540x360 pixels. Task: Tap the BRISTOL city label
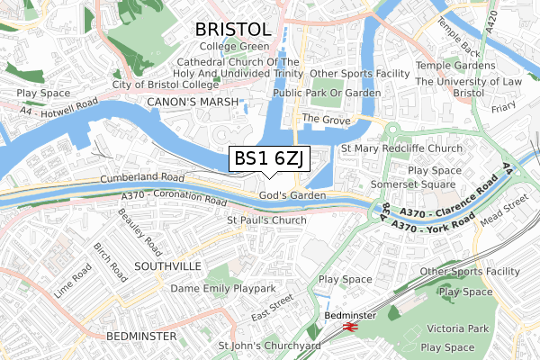click(x=234, y=29)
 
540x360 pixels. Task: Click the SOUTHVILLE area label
click(x=165, y=266)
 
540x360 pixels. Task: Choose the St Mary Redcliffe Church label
click(x=401, y=148)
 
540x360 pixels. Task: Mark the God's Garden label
click(x=292, y=195)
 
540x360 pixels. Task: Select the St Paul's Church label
click(x=266, y=220)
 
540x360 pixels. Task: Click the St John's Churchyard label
click(x=270, y=345)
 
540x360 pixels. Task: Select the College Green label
click(x=234, y=46)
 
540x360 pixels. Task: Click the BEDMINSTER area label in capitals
click(x=140, y=336)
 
